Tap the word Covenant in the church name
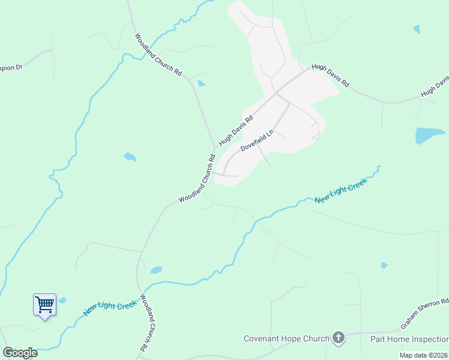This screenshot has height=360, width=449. click(x=262, y=338)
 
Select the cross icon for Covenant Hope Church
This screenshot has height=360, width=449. click(x=339, y=338)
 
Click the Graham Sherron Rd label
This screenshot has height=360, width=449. click(x=425, y=314)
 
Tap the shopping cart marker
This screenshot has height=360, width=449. click(x=44, y=305)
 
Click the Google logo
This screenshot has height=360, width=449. click(x=20, y=352)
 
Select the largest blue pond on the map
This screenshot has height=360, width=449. click(x=430, y=135)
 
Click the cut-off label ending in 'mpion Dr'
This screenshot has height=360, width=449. click(x=11, y=67)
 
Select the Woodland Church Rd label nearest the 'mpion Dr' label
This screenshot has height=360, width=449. click(x=158, y=54)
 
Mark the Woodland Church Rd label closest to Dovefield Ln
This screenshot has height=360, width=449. click(x=197, y=179)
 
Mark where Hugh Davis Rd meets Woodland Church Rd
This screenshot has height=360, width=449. click(x=215, y=148)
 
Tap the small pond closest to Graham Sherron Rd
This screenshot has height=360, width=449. click(x=384, y=265)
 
